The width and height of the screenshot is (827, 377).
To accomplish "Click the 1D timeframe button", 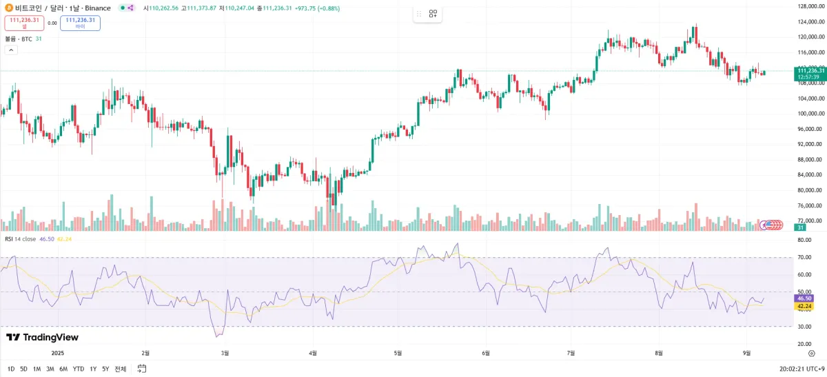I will tap(11, 369).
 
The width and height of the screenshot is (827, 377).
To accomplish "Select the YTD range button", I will tap(79, 369).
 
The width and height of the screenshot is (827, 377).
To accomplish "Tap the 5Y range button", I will tap(105, 369).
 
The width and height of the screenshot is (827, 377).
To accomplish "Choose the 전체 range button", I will tap(121, 369).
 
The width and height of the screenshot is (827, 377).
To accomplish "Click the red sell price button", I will tap(24, 23).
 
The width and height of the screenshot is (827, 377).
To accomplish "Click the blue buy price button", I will tap(80, 23).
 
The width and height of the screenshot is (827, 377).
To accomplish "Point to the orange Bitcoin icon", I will tap(8, 8).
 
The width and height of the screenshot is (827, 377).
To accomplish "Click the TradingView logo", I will tap(42, 337).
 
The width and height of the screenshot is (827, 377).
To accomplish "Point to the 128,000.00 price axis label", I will tap(811, 6).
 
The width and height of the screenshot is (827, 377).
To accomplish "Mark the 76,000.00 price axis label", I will tap(811, 205).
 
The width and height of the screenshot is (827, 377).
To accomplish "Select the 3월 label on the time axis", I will tap(225, 353).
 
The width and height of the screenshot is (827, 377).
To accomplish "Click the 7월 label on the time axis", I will tap(571, 353).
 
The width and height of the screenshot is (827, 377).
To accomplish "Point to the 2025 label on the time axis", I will tap(57, 353).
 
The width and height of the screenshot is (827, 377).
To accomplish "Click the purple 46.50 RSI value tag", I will tap(803, 298).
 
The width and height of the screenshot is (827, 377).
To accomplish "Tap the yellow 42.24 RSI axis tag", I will tap(803, 306).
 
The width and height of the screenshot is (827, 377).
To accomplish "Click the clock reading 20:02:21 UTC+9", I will tap(799, 369).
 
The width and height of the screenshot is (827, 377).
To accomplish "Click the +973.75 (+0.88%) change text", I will tap(316, 8).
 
